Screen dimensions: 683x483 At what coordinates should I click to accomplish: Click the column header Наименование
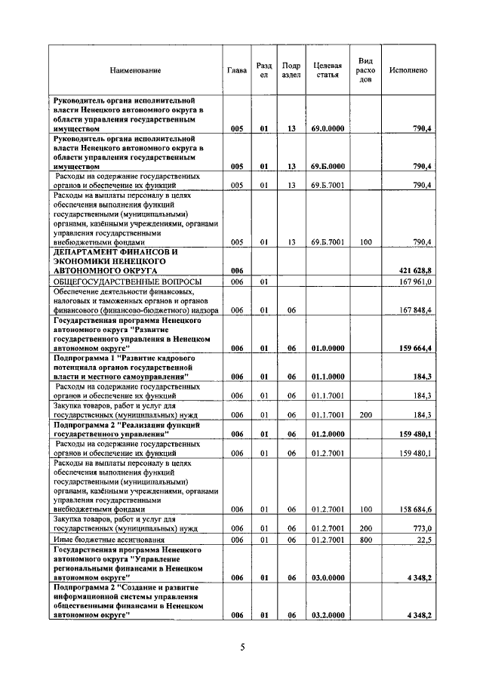[136, 70]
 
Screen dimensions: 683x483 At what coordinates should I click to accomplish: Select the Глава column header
[236, 70]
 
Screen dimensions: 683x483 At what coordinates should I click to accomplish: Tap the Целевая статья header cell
[328, 70]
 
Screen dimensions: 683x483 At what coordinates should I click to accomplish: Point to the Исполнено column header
[408, 70]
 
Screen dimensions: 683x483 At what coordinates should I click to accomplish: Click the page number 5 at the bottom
[242, 647]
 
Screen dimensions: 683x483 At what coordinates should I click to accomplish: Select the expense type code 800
[366, 540]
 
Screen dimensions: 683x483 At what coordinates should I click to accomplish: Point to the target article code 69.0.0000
[328, 129]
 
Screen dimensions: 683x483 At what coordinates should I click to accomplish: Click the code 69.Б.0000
[328, 166]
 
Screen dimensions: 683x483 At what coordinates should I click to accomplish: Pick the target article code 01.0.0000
[328, 347]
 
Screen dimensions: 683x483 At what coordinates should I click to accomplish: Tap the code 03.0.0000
[328, 577]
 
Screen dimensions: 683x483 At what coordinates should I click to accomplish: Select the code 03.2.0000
[328, 616]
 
